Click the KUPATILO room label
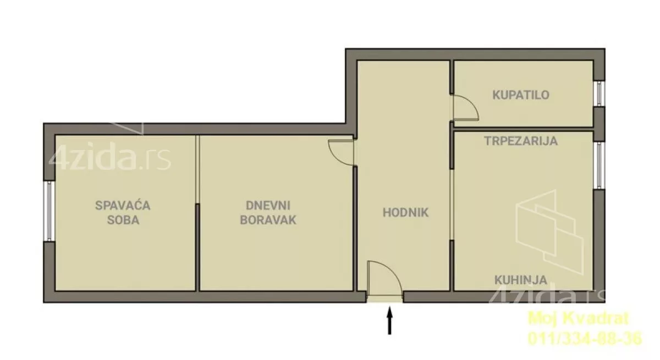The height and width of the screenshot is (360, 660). pos(521,95)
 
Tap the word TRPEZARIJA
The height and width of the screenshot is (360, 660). pos(521,141)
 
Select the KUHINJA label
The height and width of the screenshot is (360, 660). pos(521,280)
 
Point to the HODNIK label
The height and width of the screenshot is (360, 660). pos(405,213)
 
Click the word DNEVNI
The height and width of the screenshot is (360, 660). pos(268,206)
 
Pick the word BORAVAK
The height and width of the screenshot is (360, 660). pos(268,220)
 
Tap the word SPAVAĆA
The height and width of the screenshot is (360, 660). pos(123,205)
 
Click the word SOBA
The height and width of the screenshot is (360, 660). pos(123,220)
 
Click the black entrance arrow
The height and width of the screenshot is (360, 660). pos(389,320)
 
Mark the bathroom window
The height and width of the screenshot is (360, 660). pos(599,93)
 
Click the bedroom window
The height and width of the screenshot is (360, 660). pos(49,211)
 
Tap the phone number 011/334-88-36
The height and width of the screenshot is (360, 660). pos(585,338)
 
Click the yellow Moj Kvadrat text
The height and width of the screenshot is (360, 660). pos(579,318)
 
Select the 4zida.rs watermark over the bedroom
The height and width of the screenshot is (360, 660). pos(109,158)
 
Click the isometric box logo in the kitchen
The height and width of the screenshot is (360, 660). pos(550,232)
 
